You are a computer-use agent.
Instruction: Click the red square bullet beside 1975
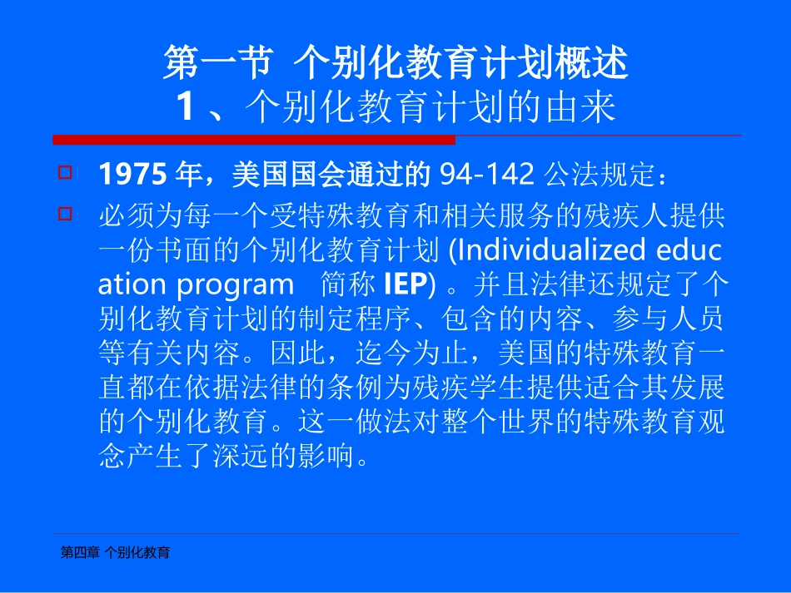[65, 174]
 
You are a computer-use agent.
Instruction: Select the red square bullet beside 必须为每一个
[65, 215]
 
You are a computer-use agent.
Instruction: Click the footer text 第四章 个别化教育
[116, 551]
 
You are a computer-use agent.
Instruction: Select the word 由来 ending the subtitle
[587, 106]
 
